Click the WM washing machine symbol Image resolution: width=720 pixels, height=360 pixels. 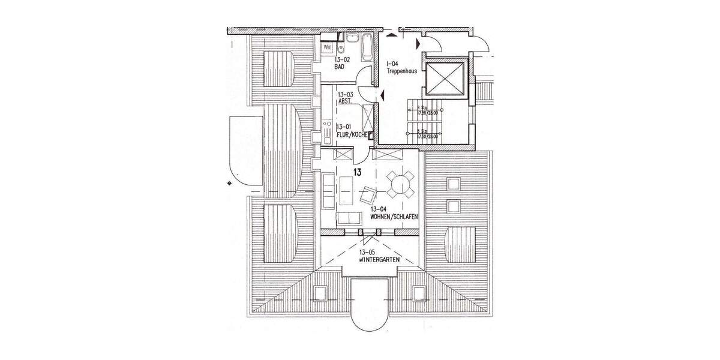[x=328, y=46]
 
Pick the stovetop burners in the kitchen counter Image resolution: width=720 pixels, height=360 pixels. [x=327, y=125]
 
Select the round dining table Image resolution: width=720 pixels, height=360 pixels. [x=400, y=185]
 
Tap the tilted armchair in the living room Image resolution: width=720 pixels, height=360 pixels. [x=367, y=194]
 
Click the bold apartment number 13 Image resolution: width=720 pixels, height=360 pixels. [x=357, y=173]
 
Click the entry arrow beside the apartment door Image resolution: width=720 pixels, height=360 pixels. [x=380, y=94]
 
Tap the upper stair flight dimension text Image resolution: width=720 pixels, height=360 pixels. [x=428, y=112]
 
